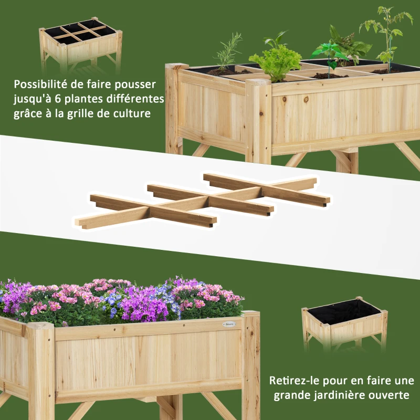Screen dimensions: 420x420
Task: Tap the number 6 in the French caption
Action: click(x=58, y=99)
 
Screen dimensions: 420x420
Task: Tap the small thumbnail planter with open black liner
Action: click(x=344, y=323)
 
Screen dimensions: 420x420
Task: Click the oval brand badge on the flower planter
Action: click(x=229, y=324)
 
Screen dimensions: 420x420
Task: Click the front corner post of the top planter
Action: click(x=258, y=121)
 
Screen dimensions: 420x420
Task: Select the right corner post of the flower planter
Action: click(x=251, y=364)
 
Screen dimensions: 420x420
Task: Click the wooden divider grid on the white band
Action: click(x=203, y=201)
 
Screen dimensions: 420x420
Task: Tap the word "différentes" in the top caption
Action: click(x=135, y=99)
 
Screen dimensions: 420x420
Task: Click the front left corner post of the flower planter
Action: click(x=41, y=371)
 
